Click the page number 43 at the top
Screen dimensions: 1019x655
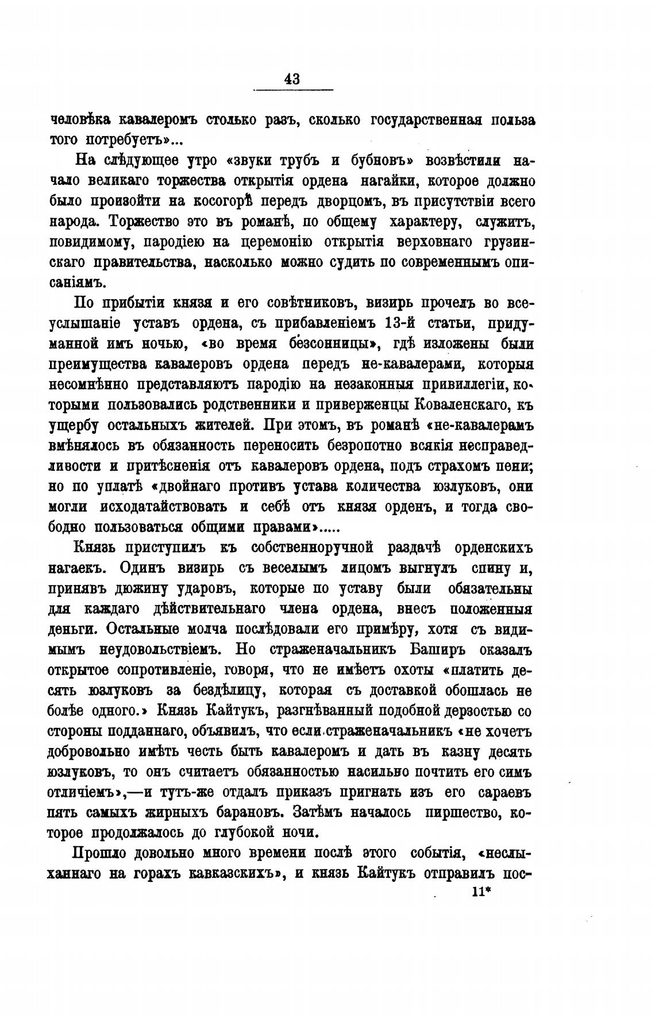click(292, 79)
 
